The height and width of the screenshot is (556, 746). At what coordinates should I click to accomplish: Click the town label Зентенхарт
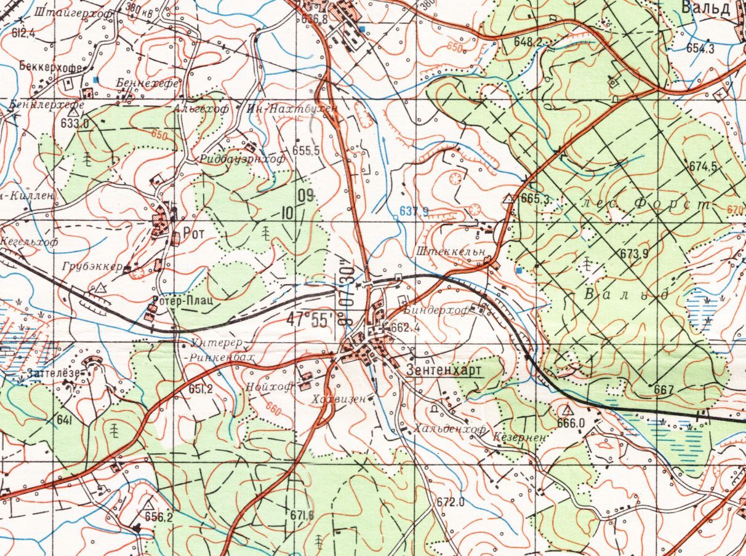444,370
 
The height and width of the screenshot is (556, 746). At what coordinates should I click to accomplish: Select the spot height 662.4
405,328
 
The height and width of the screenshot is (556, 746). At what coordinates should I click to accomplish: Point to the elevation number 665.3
535,199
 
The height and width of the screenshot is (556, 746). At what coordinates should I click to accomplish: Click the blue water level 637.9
414,212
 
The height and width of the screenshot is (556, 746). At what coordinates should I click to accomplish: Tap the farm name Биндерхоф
438,311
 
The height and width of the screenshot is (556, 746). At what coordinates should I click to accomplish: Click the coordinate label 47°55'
308,319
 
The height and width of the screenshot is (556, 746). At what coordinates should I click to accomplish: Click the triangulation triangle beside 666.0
566,410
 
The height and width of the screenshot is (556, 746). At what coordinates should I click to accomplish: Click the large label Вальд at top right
705,8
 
